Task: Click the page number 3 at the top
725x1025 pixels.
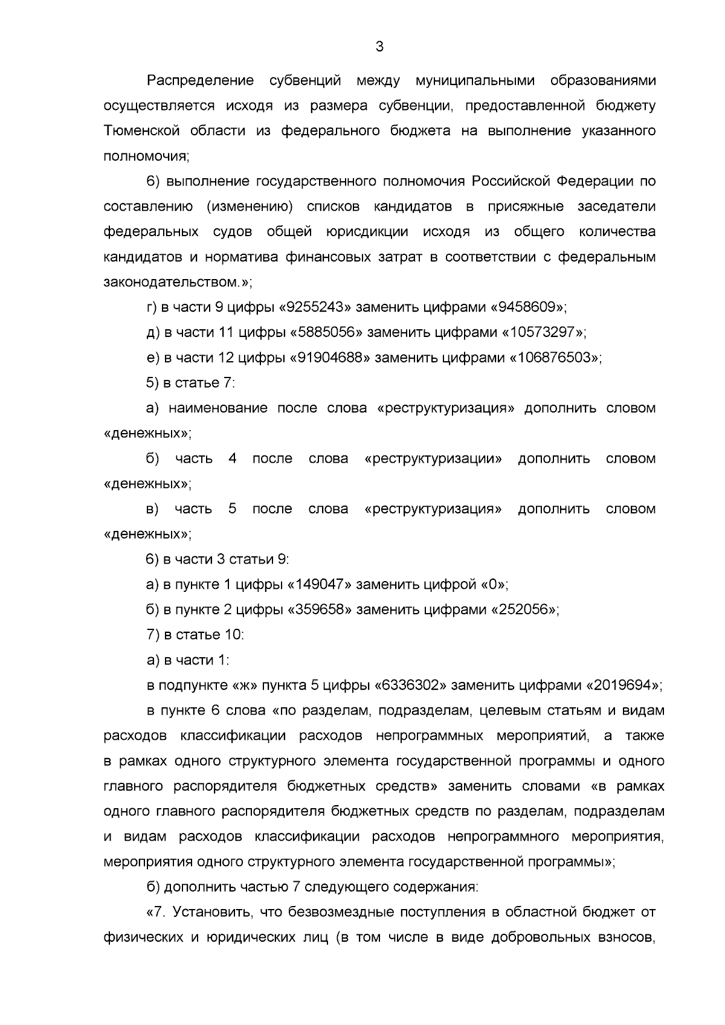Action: pos(379,47)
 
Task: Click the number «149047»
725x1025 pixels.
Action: pos(319,585)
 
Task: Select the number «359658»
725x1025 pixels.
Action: pos(319,609)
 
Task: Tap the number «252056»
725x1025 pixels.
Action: pos(524,609)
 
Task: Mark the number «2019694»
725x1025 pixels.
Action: pos(625,686)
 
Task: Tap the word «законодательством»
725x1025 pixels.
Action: pos(168,282)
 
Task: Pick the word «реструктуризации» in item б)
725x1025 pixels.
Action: pos(434,458)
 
